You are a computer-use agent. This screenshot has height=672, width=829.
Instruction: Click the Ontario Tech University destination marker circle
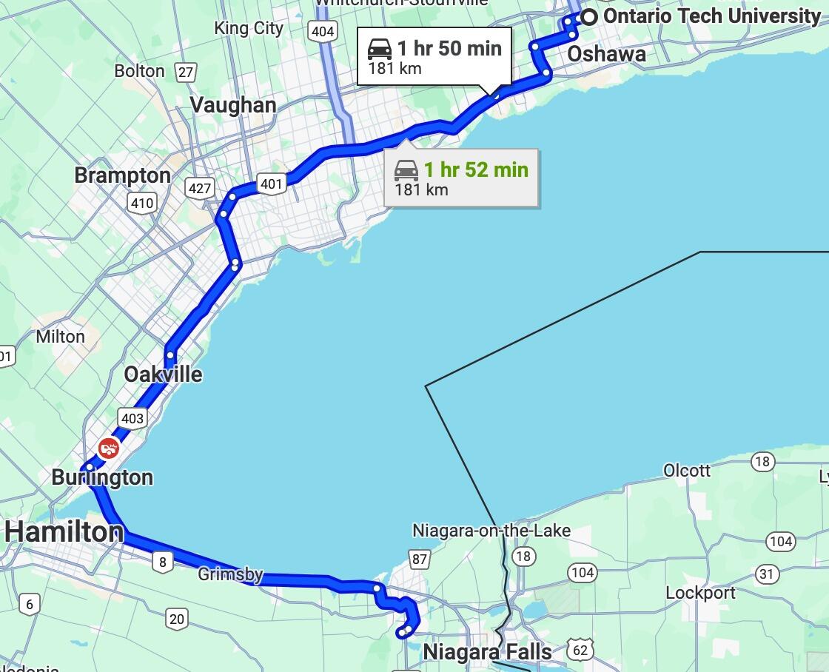click(x=589, y=17)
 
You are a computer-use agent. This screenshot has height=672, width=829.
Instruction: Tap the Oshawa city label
click(x=606, y=54)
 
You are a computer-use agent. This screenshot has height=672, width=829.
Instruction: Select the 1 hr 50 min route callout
click(x=434, y=56)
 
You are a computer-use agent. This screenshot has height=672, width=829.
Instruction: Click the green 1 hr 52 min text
click(x=476, y=169)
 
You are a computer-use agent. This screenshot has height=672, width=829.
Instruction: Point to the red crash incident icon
click(x=109, y=448)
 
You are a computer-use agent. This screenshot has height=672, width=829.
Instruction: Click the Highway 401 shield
click(x=272, y=184)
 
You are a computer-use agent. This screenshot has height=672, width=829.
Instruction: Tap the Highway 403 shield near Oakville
click(x=132, y=419)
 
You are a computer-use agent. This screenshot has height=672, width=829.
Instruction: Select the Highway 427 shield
click(x=200, y=187)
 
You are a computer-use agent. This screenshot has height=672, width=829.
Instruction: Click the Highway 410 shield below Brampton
click(x=141, y=203)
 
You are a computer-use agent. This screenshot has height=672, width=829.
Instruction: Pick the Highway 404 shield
click(x=323, y=31)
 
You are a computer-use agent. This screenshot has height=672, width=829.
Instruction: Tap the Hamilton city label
click(x=64, y=531)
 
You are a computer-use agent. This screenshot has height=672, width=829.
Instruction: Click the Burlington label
click(x=102, y=477)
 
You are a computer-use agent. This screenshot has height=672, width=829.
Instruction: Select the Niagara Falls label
click(x=487, y=652)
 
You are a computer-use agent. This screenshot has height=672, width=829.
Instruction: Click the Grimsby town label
click(x=230, y=574)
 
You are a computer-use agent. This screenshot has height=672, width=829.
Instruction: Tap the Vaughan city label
click(x=233, y=105)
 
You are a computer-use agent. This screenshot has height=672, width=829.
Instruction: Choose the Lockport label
click(x=700, y=593)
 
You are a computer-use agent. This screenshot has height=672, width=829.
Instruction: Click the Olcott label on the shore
click(x=686, y=471)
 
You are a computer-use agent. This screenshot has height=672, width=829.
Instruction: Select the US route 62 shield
click(x=580, y=651)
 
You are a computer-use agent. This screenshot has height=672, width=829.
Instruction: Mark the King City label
click(x=249, y=28)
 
